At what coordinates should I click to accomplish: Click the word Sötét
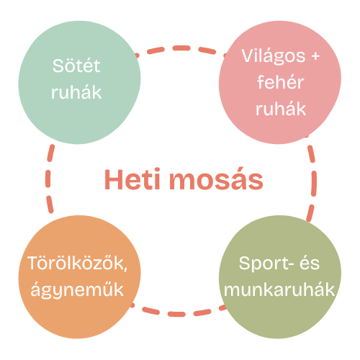point(76,66)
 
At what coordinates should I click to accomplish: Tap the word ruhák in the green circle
point(76,92)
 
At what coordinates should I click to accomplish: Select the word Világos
point(274,57)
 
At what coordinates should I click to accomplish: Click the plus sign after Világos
point(315,56)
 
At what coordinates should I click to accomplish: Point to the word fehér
point(281,82)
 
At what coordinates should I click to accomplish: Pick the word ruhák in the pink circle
point(281,109)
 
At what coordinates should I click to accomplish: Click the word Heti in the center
point(132,179)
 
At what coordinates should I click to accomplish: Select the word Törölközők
point(76,263)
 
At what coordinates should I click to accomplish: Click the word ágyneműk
point(77,291)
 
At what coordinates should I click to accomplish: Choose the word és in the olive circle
point(310,263)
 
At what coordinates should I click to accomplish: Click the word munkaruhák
point(279,289)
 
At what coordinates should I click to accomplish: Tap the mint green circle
point(79,82)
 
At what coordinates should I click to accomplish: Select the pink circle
point(280,82)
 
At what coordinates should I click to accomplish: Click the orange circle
point(79,276)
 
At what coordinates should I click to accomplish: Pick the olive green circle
point(280,276)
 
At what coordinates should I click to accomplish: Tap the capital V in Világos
point(248,55)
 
